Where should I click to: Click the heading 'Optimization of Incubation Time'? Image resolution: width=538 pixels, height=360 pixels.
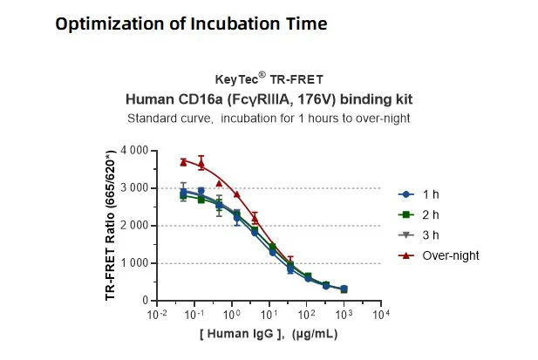coord(191,24)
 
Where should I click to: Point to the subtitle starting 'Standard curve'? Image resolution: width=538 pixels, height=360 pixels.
coord(269,118)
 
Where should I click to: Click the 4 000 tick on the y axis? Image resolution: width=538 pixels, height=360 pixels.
coord(135,151)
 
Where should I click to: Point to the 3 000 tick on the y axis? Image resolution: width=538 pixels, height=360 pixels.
coord(135,188)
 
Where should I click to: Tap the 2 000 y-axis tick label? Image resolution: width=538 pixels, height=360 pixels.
coord(135,226)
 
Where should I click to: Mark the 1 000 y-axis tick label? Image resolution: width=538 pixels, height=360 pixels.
coord(135,263)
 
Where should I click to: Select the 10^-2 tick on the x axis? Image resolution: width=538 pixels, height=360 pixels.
coord(157,314)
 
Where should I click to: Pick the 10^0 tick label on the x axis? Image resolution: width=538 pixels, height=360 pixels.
coord(232,314)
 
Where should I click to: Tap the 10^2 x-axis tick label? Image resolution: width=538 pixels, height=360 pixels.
coord(306,314)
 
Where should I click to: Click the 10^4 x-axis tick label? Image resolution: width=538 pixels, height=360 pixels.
coord(380,314)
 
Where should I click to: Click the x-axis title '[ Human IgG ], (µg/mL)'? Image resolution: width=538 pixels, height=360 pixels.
coord(268,334)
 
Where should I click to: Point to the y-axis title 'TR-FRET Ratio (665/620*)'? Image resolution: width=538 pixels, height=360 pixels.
coord(112,226)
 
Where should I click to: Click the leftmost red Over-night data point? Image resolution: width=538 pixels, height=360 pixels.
coord(183,161)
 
